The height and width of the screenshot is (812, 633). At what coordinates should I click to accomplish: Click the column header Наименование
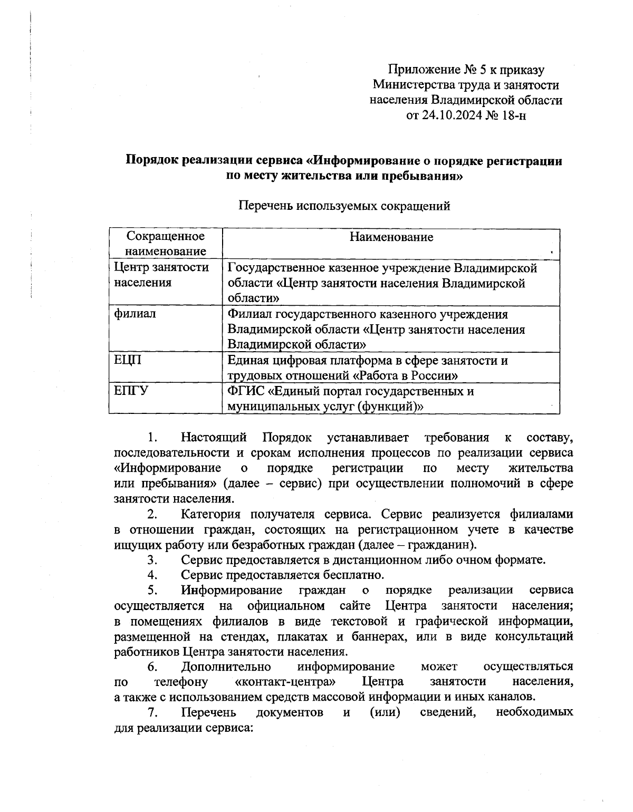391,237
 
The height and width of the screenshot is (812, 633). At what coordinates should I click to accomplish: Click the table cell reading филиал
135,314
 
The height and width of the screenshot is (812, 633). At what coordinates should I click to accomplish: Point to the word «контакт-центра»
285,682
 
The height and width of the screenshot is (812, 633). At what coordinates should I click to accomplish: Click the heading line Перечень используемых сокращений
344,206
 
